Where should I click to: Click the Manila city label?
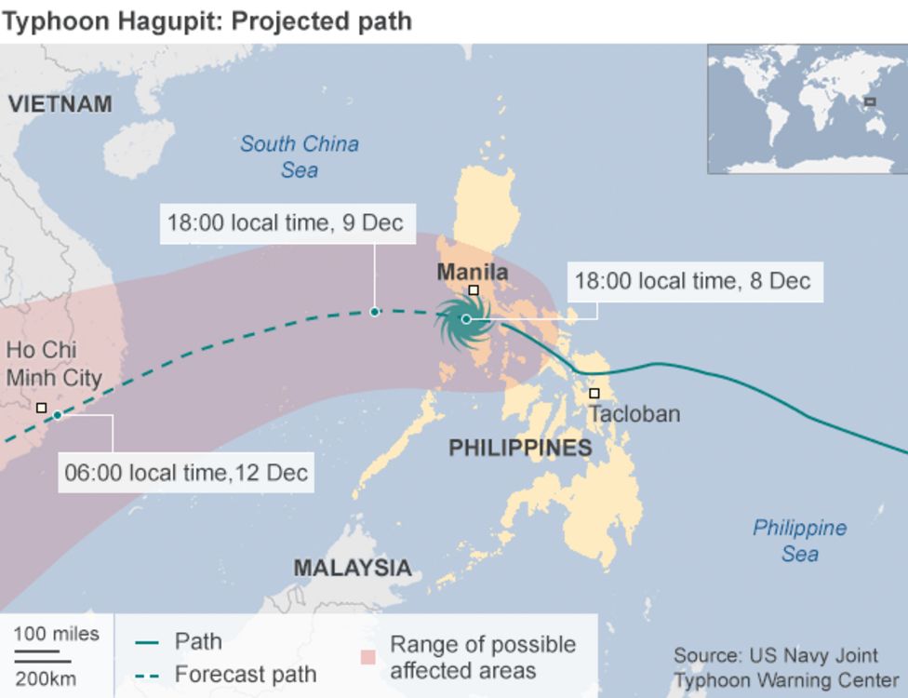(x=473, y=273)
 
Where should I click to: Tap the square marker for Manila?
(x=473, y=290)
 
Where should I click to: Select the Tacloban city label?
(x=634, y=414)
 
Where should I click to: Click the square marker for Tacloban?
(x=594, y=394)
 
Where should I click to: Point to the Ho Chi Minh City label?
(x=54, y=364)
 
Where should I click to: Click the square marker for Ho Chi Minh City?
(x=41, y=408)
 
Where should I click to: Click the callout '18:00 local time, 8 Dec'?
(x=692, y=281)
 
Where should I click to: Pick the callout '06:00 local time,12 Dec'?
(x=186, y=472)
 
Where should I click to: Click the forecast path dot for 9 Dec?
(x=374, y=312)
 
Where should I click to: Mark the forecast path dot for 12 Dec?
(x=57, y=415)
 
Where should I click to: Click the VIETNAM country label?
(x=60, y=104)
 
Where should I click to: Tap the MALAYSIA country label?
(x=352, y=568)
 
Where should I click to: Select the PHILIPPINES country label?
(x=520, y=449)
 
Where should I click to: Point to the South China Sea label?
(x=299, y=156)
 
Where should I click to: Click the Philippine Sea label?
(x=799, y=541)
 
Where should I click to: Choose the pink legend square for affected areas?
(x=368, y=657)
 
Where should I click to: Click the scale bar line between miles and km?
(x=42, y=659)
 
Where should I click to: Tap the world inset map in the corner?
(x=806, y=108)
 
